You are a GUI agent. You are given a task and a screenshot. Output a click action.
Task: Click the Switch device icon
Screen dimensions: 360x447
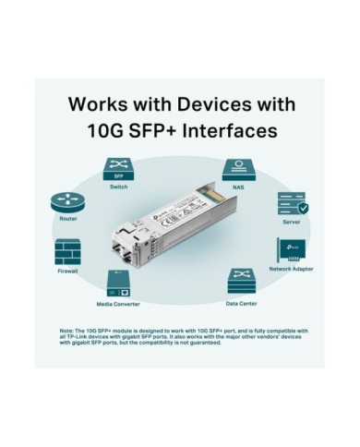pyautogui.click(x=119, y=172)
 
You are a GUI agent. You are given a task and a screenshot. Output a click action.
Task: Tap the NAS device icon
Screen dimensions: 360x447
pyautogui.click(x=238, y=171)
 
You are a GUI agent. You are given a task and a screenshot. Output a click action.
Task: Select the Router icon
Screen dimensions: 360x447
pyautogui.click(x=66, y=202)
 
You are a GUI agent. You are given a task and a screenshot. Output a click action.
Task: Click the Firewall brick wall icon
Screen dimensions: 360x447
pyautogui.click(x=67, y=252)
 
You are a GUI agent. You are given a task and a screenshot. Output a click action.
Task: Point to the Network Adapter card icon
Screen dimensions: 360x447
pyautogui.click(x=291, y=250)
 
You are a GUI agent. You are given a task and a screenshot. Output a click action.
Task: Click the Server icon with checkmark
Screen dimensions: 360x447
pyautogui.click(x=291, y=203)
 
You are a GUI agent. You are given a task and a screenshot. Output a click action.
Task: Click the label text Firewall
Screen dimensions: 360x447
pyautogui.click(x=67, y=272)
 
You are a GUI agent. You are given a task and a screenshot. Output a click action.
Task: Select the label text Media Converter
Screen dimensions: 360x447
pyautogui.click(x=118, y=303)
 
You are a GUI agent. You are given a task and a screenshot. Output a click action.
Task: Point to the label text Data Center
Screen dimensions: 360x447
pyautogui.click(x=241, y=302)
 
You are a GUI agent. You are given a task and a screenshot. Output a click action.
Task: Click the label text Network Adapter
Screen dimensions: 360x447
pyautogui.click(x=291, y=269)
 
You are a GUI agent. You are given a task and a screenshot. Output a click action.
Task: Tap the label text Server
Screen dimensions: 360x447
pyautogui.click(x=291, y=223)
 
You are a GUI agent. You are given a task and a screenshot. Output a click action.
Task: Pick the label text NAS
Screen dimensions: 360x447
pyautogui.click(x=238, y=187)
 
